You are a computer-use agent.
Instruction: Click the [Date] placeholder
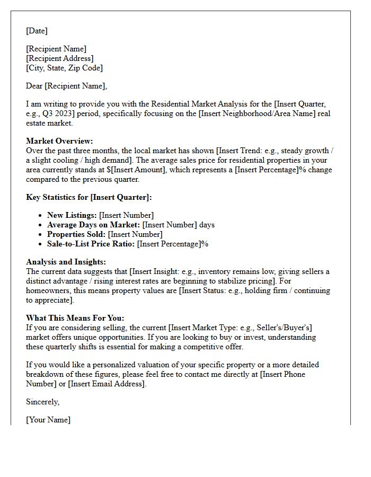(x=37, y=31)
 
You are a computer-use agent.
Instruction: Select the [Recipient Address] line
(x=60, y=58)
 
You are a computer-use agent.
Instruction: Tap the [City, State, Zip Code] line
(x=64, y=68)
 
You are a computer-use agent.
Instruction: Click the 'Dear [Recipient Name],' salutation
(x=66, y=86)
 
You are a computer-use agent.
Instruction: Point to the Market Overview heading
(x=59, y=141)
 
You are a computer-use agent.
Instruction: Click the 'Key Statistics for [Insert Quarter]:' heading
(x=89, y=197)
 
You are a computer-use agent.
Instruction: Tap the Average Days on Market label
(x=93, y=225)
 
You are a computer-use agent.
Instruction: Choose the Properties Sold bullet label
(x=76, y=234)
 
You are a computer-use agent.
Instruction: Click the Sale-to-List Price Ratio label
(x=91, y=244)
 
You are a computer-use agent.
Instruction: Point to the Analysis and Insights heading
(x=66, y=262)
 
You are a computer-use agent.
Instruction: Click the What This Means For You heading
(x=75, y=318)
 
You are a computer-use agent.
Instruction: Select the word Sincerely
(x=42, y=402)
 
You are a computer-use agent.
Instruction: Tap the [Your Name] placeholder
(x=48, y=420)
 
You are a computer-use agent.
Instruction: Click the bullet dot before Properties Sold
(x=41, y=234)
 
